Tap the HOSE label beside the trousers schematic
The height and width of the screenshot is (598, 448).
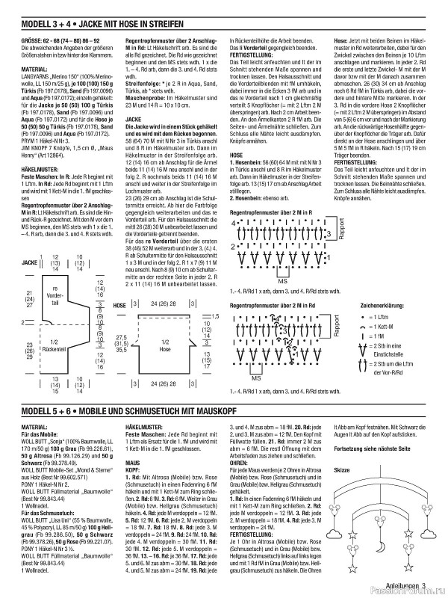(119, 306)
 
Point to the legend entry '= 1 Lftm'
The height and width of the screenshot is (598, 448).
(384, 318)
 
